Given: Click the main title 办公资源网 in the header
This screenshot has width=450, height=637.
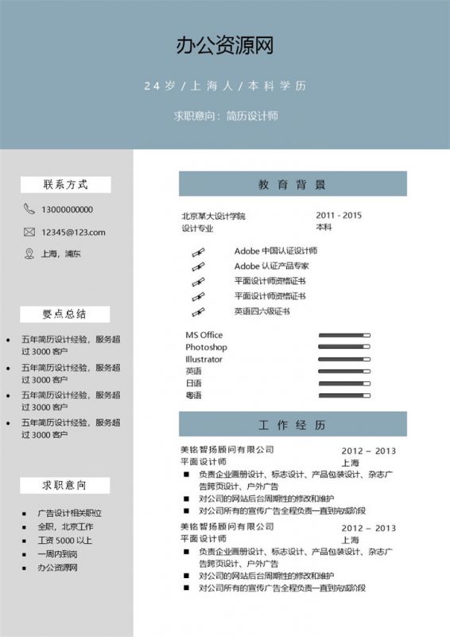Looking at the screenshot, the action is point(225,46).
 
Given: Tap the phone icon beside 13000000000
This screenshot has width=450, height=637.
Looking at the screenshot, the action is point(29,209).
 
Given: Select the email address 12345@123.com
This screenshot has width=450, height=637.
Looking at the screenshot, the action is point(73,233).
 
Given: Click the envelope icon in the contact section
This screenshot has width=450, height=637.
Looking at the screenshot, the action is point(29,233).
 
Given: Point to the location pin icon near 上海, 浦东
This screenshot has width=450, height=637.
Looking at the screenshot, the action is point(29,254).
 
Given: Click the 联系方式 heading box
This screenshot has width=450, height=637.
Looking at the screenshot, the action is point(65,185).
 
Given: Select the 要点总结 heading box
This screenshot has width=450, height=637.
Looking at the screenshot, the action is point(65,314).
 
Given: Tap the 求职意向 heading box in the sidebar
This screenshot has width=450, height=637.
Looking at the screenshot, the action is point(65,485).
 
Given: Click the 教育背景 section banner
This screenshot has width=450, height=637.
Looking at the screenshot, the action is point(293,184).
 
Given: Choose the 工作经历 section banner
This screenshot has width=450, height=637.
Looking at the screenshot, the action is point(293,424).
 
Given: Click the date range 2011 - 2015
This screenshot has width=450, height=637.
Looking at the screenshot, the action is point(339,215).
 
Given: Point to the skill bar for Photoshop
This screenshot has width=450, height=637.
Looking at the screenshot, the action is point(344,347).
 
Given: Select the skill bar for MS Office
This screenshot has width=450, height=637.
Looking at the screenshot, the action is point(344,335).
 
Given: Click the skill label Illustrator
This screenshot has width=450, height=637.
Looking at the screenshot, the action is point(204,359).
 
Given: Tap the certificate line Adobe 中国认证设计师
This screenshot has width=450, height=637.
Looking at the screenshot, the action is point(275,251).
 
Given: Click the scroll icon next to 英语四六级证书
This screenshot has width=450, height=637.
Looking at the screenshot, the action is point(198,311).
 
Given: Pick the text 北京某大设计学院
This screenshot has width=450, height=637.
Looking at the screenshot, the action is point(214,216).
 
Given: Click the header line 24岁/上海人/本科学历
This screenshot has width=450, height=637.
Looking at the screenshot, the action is point(225,86).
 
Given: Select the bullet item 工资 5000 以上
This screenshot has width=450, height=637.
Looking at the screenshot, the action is point(65,540).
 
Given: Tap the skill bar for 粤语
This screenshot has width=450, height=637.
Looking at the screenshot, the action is point(344,395).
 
